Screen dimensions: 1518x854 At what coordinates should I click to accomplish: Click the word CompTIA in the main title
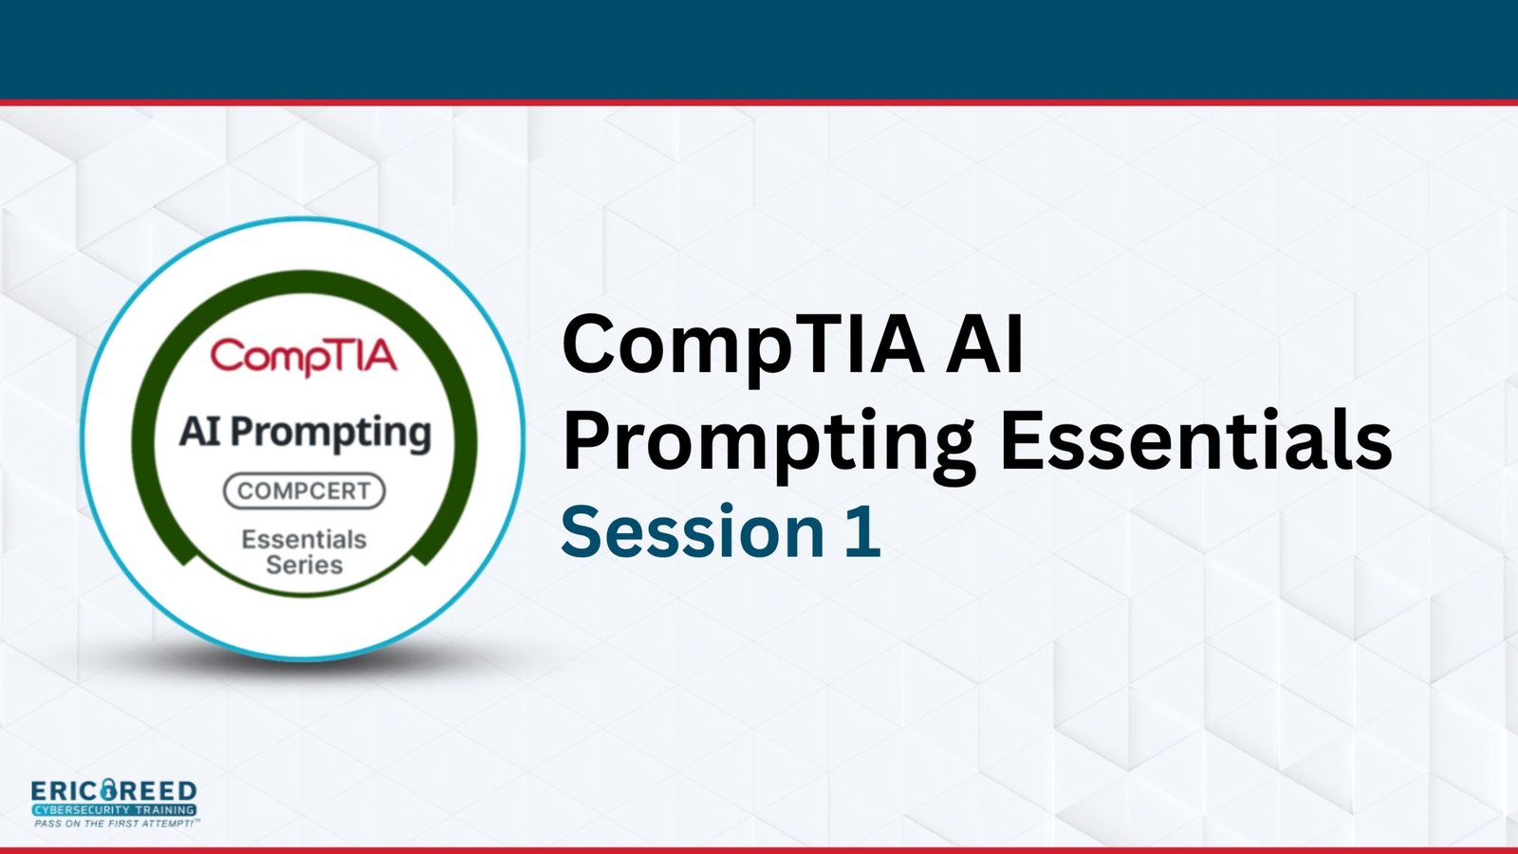pos(744,346)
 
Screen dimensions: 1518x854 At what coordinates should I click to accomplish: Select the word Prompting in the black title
pos(768,443)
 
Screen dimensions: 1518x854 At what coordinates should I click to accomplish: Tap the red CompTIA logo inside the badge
pos(304,357)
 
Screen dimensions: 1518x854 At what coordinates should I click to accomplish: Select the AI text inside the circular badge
pos(200,431)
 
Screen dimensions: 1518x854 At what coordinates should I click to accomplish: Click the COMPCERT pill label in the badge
pos(305,491)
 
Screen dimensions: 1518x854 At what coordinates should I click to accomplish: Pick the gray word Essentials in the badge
pos(305,540)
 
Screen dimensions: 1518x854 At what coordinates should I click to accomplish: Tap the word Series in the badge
pos(305,565)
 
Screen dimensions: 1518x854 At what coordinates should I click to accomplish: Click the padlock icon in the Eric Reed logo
pos(110,790)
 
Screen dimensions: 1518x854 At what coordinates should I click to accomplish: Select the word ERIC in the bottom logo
pos(65,791)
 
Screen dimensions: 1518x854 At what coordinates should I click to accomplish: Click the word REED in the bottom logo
pos(159,791)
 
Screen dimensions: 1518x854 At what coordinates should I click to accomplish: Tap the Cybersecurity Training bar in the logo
pos(114,810)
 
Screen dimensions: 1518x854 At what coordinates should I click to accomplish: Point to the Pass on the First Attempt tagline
pos(117,824)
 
